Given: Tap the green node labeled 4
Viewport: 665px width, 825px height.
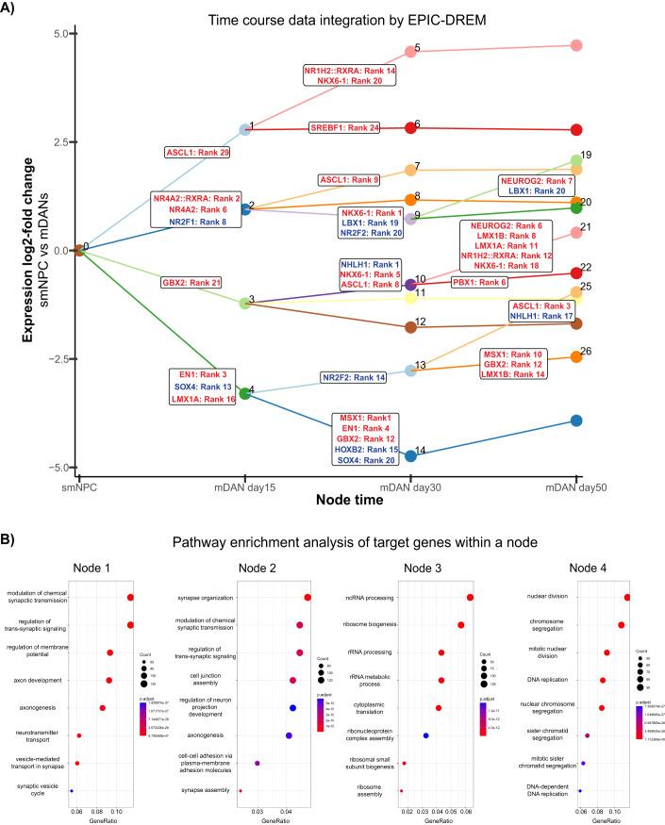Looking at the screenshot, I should pyautogui.click(x=245, y=392).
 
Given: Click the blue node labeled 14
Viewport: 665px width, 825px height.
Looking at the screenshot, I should pyautogui.click(x=411, y=456).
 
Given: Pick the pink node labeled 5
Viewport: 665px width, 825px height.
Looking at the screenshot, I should pyautogui.click(x=411, y=51).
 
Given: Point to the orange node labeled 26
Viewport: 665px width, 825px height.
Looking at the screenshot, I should pyautogui.click(x=576, y=356).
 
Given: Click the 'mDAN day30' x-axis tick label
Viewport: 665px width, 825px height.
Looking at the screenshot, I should pyautogui.click(x=411, y=487).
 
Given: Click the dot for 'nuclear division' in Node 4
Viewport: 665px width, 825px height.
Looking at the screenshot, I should pyautogui.click(x=627, y=597).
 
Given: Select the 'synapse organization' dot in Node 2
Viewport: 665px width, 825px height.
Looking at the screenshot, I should pyautogui.click(x=308, y=597).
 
